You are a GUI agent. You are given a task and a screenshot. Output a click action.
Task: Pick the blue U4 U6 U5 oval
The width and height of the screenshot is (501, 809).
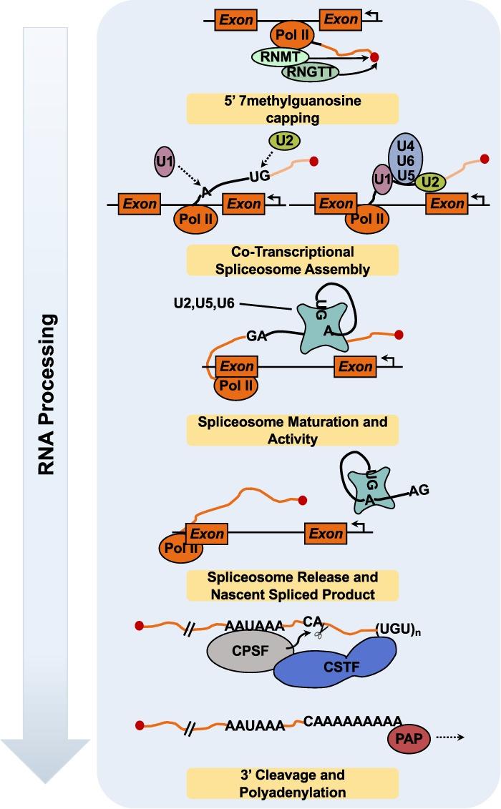pyautogui.click(x=407, y=162)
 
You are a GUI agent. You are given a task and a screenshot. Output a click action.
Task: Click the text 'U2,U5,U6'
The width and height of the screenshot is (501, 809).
pyautogui.click(x=203, y=305)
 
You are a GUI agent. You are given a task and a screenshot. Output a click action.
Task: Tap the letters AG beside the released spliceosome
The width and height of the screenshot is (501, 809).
pyautogui.click(x=419, y=491)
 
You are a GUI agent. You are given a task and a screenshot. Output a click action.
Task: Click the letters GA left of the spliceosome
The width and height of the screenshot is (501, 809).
pyautogui.click(x=256, y=335)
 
